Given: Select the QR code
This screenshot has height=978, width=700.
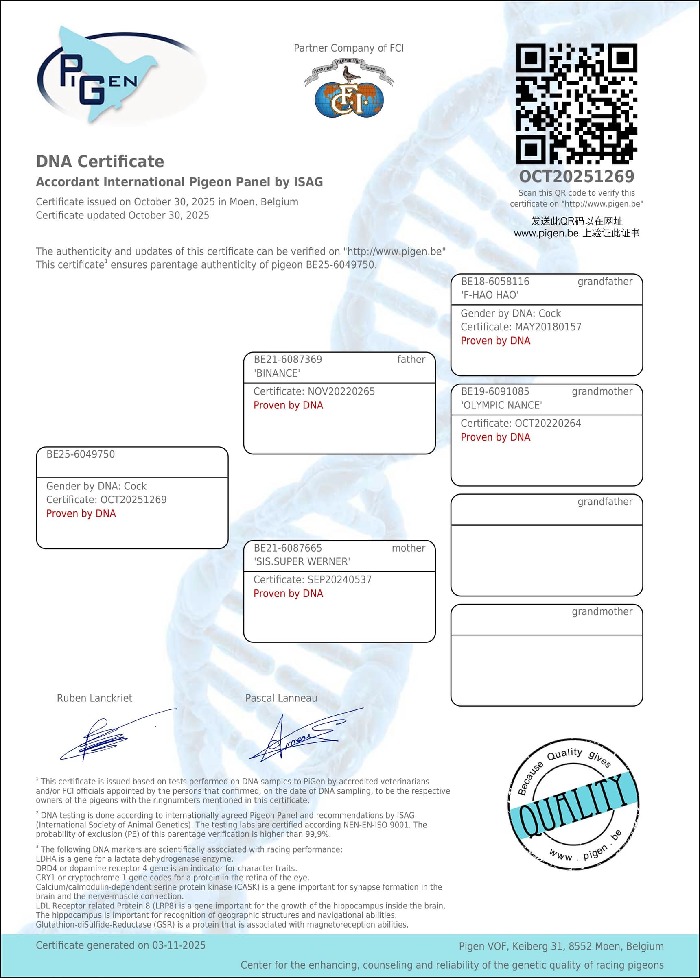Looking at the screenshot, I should tap(576, 103).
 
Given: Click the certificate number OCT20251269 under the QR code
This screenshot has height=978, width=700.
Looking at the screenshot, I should tap(576, 176).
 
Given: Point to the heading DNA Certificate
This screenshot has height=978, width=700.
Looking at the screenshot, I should tap(100, 162).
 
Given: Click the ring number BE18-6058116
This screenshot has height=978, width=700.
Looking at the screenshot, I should tap(495, 282).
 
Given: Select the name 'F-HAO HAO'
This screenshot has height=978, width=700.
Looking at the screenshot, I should tap(490, 295).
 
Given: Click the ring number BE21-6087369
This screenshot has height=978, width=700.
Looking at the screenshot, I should tap(287, 359).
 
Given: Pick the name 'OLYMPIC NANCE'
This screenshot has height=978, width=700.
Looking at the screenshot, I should tap(501, 405).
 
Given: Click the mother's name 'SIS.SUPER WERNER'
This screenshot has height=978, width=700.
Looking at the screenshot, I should tap(302, 561).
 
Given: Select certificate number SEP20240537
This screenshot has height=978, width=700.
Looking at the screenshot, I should tap(339, 579).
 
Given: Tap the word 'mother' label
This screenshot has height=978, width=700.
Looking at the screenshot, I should tap(408, 548).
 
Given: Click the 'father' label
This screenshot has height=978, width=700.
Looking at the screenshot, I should tap(411, 359).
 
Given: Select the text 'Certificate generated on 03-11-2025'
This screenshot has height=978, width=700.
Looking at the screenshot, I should tap(121, 945).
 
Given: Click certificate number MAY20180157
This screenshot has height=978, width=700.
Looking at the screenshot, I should tap(548, 327).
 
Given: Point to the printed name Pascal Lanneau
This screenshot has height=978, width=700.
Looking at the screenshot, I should tap(281, 698).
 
